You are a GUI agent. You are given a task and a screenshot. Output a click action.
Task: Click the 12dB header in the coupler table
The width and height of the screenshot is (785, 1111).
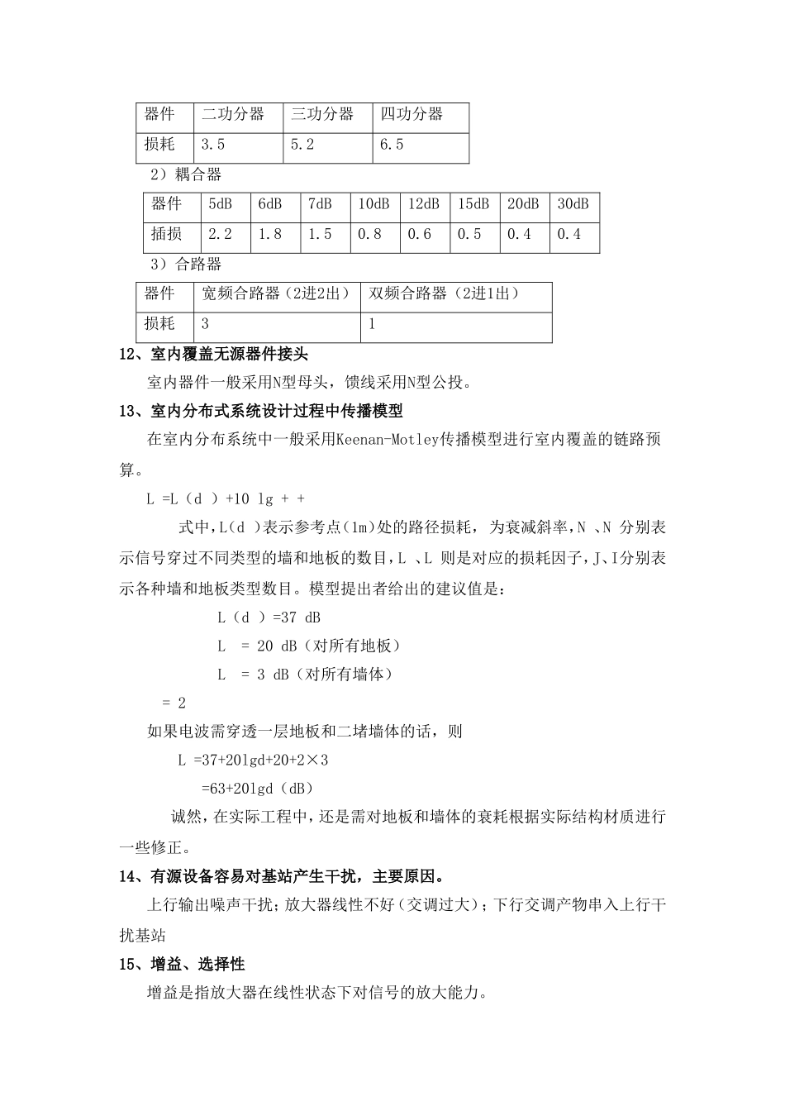[424, 204]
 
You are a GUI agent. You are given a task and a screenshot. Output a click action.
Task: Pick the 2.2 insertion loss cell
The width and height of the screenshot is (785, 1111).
[220, 235]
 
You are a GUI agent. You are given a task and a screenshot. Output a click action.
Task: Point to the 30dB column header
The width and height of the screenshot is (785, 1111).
[573, 204]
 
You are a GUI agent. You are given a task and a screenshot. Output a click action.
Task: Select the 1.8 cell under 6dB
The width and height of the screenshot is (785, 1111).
[270, 235]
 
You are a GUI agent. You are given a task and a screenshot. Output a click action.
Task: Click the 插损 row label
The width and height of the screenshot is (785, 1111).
[167, 235]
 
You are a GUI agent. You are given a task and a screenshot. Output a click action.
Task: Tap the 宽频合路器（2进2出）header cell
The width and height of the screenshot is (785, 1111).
[276, 293]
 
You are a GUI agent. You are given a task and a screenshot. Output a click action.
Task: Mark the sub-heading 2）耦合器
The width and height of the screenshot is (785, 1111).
[186, 175]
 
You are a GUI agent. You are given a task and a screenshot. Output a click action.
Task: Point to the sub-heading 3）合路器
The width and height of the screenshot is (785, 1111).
[186, 265]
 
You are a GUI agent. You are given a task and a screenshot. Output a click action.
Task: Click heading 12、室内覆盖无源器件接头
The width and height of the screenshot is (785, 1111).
[214, 355]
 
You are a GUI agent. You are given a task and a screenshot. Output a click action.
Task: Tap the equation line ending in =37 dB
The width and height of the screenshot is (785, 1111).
[269, 617]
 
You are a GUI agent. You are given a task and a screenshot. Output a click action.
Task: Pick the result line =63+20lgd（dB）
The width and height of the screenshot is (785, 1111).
[257, 788]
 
